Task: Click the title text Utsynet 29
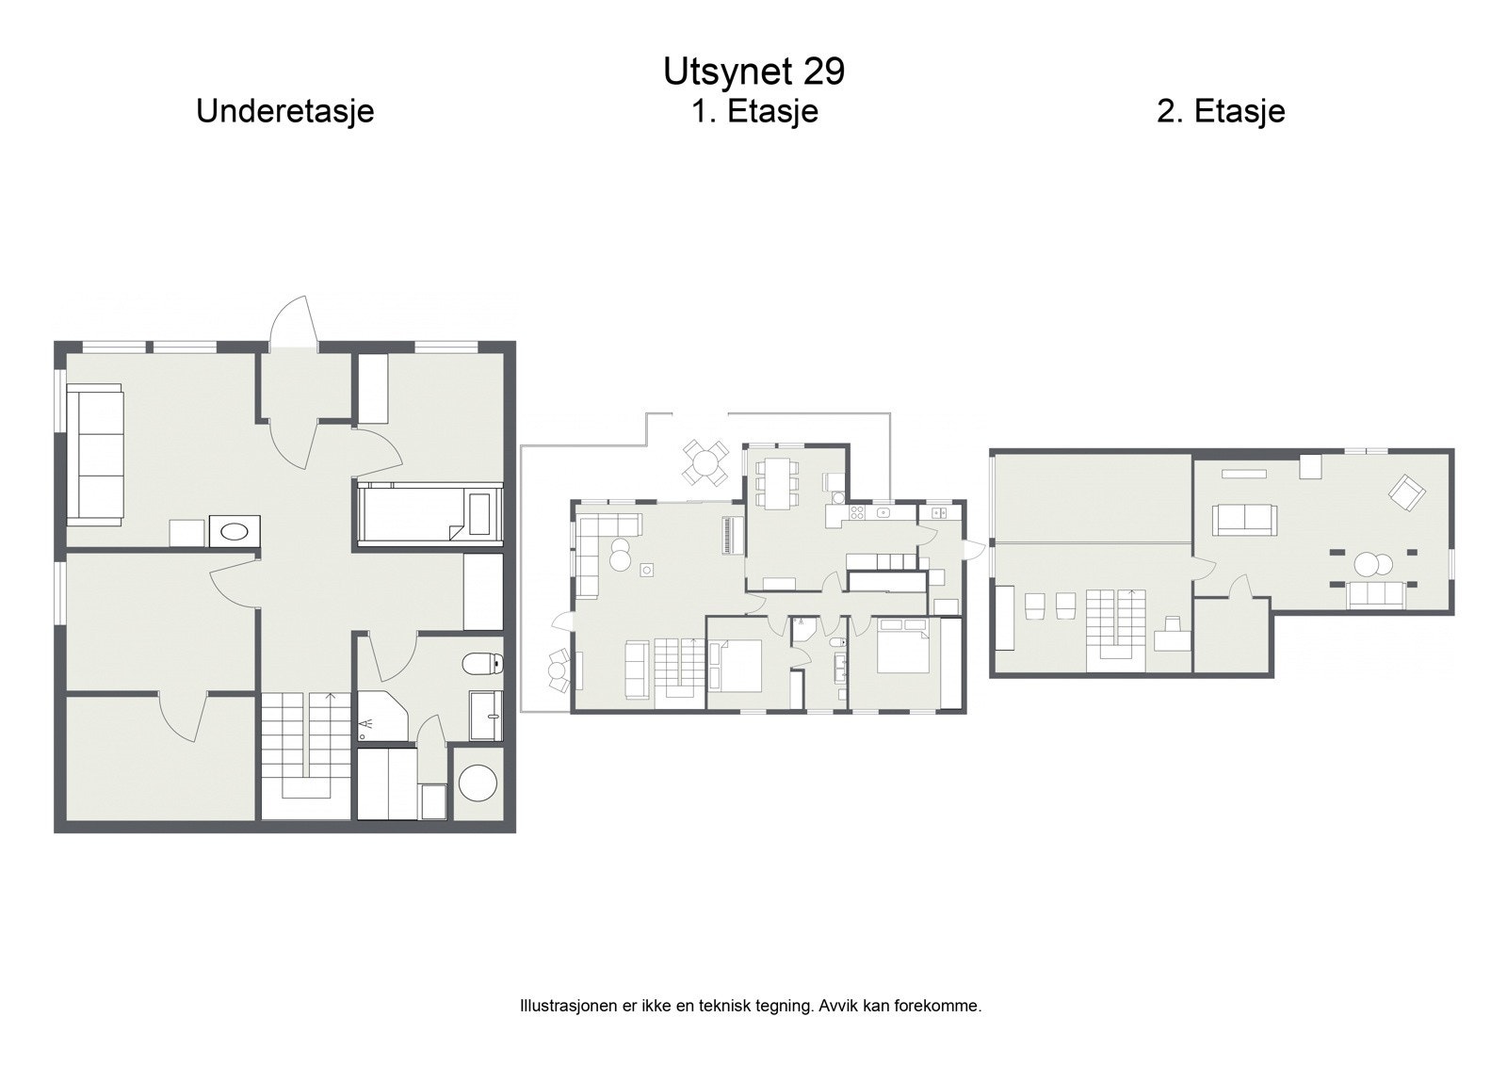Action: (753, 71)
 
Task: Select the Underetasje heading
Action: (284, 111)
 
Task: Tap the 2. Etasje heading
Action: (1221, 111)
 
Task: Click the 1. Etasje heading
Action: (754, 111)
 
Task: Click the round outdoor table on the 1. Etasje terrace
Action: (705, 461)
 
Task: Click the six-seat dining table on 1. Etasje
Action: (777, 482)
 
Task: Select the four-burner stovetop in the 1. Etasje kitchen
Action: (857, 512)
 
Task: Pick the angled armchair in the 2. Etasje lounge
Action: (1407, 492)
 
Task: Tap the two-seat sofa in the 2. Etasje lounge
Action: (1243, 518)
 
